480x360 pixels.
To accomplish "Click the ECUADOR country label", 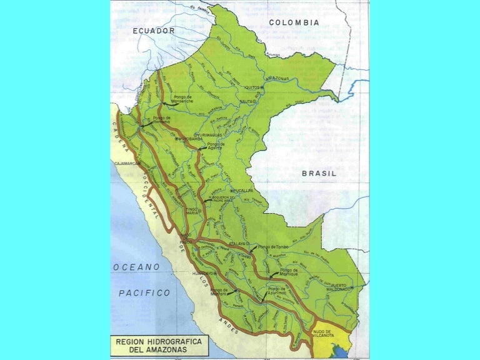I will click(154, 30).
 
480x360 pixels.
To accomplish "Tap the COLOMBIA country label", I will click(294, 22).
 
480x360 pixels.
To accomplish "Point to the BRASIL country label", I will click(319, 173).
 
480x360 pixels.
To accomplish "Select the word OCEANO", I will click(136, 267).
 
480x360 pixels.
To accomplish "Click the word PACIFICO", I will click(144, 292).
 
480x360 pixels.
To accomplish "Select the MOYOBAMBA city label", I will click(176, 141).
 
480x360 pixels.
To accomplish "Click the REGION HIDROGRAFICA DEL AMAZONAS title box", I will click(153, 346).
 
